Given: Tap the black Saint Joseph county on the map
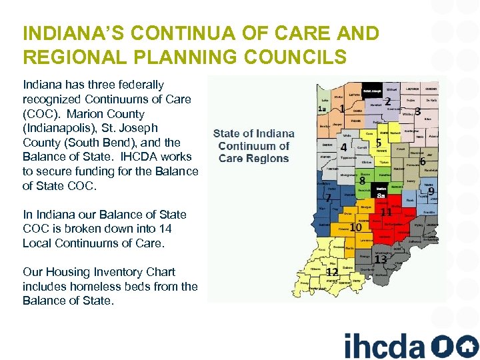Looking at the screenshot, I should tap(372, 91).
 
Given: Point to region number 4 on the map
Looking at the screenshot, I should tap(343, 147).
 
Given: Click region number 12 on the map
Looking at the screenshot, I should tap(331, 271).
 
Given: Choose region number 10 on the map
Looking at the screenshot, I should tap(356, 228).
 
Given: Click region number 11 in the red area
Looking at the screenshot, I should tap(385, 212).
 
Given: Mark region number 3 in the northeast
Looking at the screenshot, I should tap(417, 111).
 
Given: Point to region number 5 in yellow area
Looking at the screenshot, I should tap(379, 143).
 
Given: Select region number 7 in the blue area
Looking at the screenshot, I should tap(328, 198).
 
